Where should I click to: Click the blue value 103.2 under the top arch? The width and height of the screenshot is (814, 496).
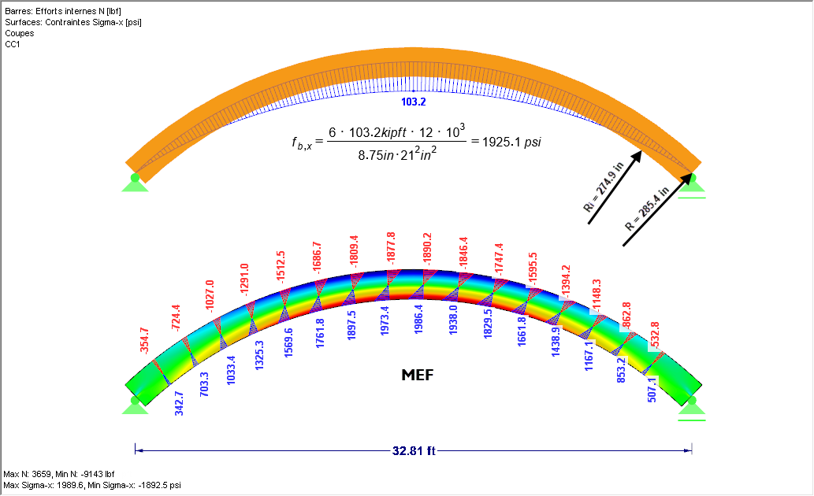pyautogui.click(x=414, y=102)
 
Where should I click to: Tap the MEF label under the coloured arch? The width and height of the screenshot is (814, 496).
pyautogui.click(x=418, y=376)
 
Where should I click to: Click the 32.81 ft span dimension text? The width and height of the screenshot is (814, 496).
pyautogui.click(x=415, y=452)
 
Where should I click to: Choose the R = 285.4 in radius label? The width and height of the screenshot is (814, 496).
pyautogui.click(x=647, y=209)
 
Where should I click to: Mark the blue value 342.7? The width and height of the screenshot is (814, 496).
pyautogui.click(x=179, y=402)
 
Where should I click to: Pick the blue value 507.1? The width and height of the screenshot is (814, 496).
pyautogui.click(x=652, y=390)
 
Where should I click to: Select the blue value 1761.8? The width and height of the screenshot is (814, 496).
pyautogui.click(x=320, y=333)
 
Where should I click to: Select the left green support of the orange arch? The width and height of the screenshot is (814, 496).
pyautogui.click(x=135, y=183)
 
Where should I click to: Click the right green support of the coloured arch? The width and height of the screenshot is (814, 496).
pyautogui.click(x=692, y=405)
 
